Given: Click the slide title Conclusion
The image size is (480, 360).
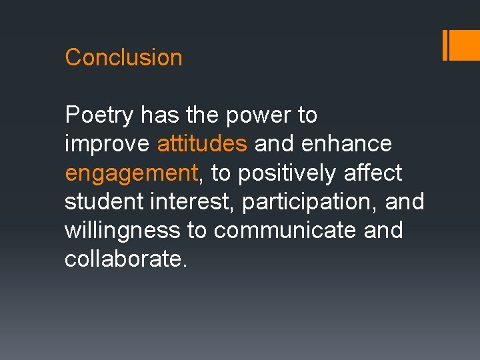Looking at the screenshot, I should pos(123,57).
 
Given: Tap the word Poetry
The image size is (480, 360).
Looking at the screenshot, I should pos(99,116).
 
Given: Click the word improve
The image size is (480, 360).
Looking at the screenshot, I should pos(107,145).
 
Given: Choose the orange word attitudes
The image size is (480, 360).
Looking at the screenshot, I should pos(202,144).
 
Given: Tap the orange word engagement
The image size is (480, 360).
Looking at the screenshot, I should pos(131,174).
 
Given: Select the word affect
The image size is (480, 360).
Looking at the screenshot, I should pos(373,173).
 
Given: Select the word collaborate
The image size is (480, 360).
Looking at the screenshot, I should pos(123,259).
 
